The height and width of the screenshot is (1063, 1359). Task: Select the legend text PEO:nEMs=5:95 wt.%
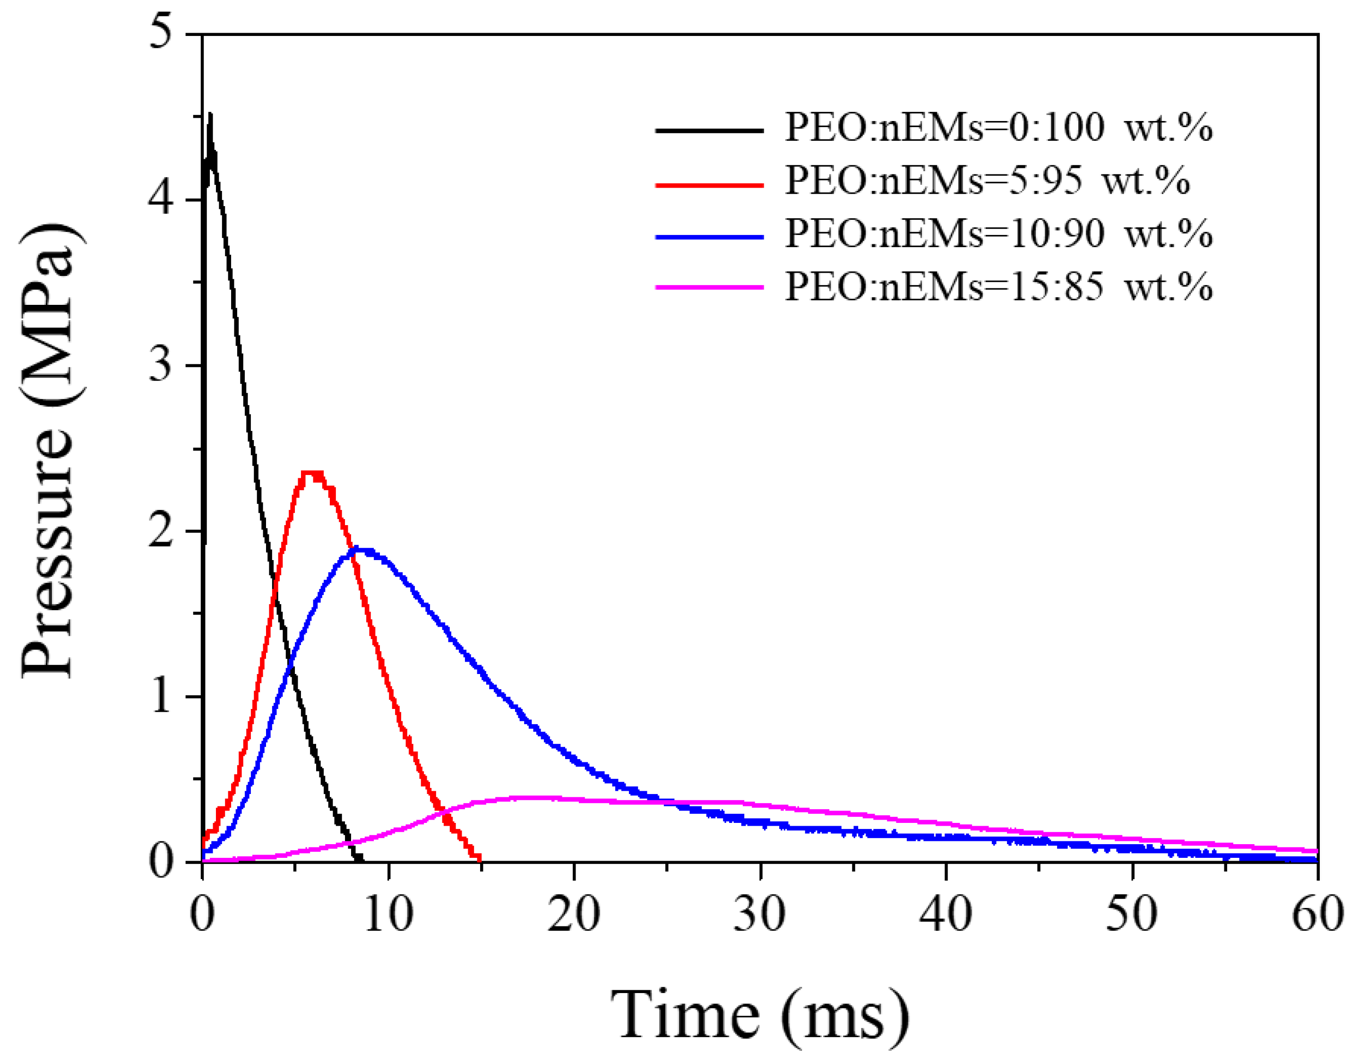coord(988,181)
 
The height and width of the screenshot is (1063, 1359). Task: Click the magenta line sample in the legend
coord(709,287)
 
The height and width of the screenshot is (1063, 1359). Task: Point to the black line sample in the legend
coord(709,130)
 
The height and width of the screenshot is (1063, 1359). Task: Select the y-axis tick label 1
coord(161,696)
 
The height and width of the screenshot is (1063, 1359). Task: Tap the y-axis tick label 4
coord(161,199)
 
